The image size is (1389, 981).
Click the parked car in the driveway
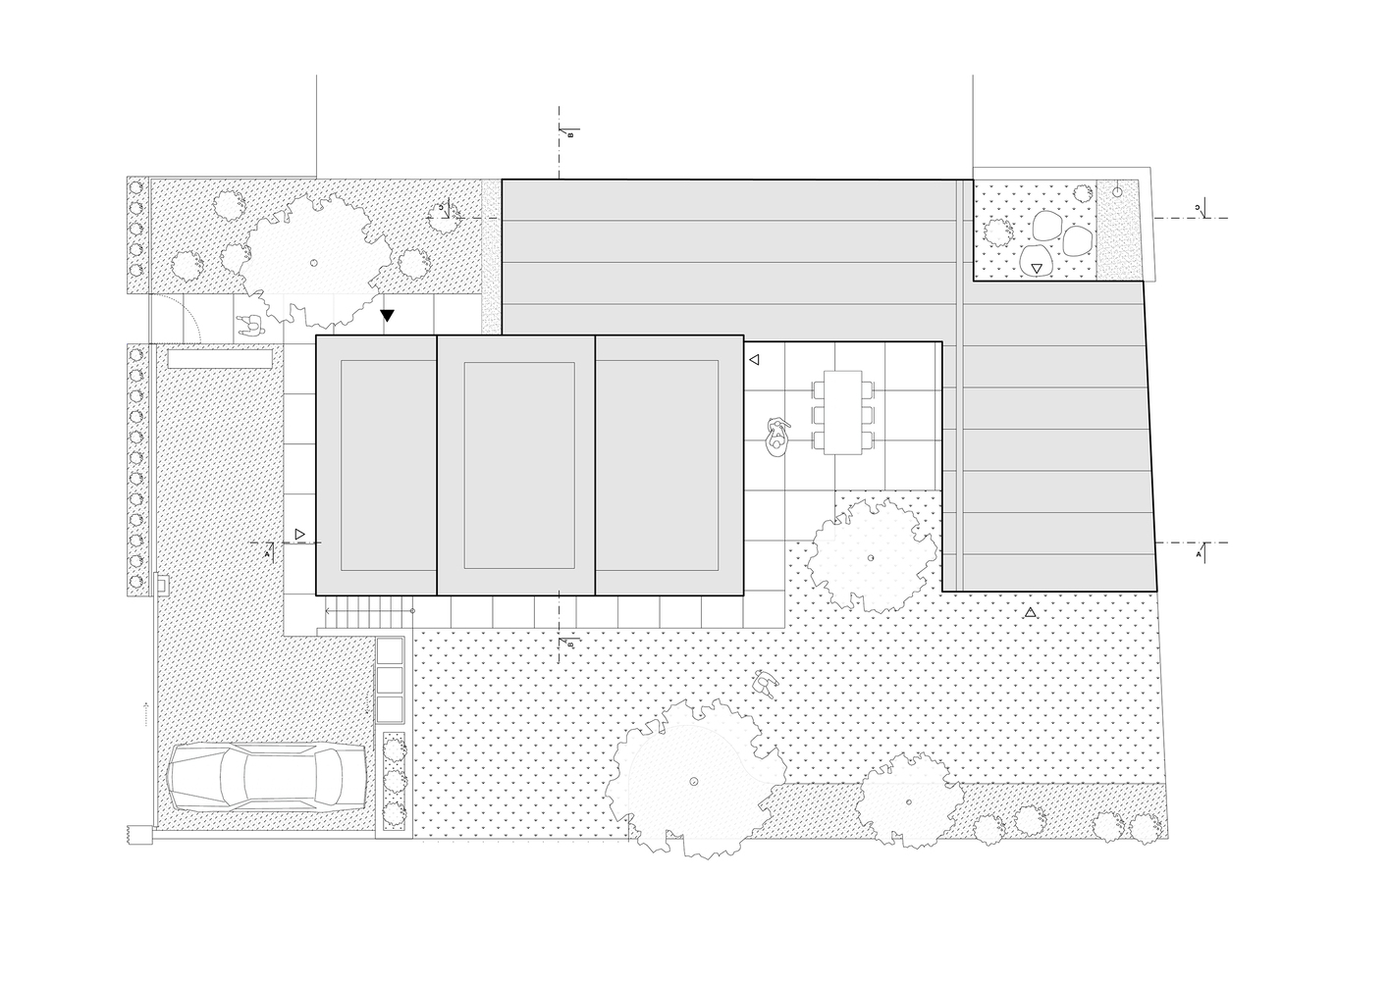pyautogui.click(x=268, y=776)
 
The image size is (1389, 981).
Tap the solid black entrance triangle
pyautogui.click(x=388, y=315)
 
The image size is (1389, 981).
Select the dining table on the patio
pyautogui.click(x=842, y=412)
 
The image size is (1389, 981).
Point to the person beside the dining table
pyautogui.click(x=776, y=437)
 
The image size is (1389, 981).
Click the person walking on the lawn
pyautogui.click(x=764, y=684)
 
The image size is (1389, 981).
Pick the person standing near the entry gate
pyautogui.click(x=249, y=325)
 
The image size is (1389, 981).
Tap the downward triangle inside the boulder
pyautogui.click(x=1038, y=267)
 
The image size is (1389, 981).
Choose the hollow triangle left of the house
pyautogui.click(x=300, y=535)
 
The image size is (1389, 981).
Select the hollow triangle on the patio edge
pyautogui.click(x=754, y=360)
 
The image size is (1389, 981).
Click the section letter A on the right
pyautogui.click(x=1199, y=555)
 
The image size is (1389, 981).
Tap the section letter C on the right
pyautogui.click(x=1198, y=207)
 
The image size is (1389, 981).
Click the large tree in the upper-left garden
pyautogui.click(x=312, y=261)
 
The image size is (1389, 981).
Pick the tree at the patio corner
pyautogui.click(x=870, y=556)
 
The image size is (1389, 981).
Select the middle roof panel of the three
pyautogui.click(x=516, y=465)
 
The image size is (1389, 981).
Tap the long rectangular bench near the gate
pyautogui.click(x=220, y=360)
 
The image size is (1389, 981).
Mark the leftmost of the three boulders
pyautogui.click(x=1046, y=229)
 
